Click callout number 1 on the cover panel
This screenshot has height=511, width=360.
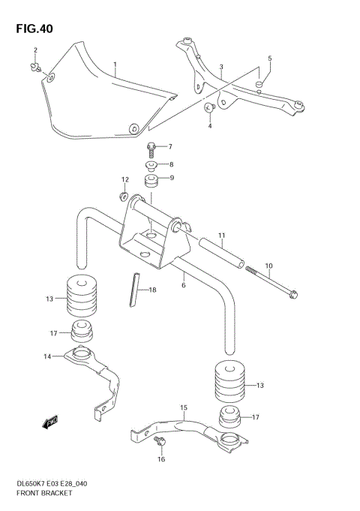pyautogui.click(x=115, y=65)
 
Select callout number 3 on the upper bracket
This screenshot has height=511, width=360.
pyautogui.click(x=221, y=68)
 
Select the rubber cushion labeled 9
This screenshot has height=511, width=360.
pyautogui.click(x=152, y=182)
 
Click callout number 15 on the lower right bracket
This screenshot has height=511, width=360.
pyautogui.click(x=183, y=408)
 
